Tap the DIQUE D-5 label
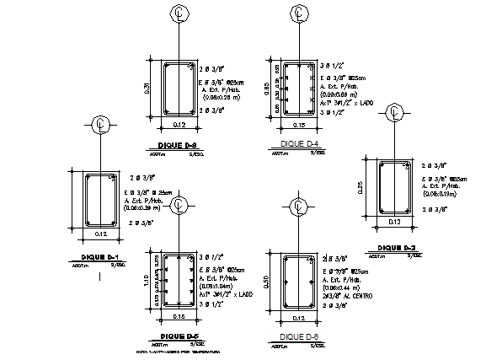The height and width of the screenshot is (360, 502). point(178,336)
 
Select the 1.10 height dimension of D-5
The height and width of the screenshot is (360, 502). point(147,279)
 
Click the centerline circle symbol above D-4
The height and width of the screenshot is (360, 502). point(299,13)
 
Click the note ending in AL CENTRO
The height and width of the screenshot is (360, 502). point(349,297)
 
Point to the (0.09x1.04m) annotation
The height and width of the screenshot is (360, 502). point(216,286)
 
